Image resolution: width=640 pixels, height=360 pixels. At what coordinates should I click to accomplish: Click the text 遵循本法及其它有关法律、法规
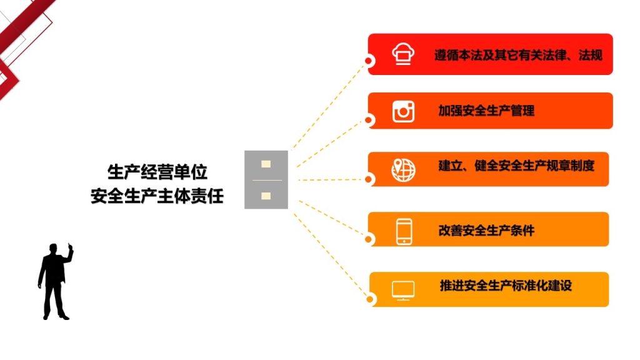coord(518,55)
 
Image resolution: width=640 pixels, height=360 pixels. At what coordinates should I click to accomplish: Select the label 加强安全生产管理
coord(486,110)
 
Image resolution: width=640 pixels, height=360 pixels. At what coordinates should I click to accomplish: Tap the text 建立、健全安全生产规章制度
coord(516,166)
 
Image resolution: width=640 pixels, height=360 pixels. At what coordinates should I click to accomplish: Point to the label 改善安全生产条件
coord(486,231)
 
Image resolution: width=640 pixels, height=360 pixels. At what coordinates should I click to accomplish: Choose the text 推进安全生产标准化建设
coord(506,286)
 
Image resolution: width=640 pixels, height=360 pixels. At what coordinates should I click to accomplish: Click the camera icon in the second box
coord(403,111)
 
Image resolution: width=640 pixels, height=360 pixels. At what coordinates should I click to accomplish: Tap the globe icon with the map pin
coord(403,169)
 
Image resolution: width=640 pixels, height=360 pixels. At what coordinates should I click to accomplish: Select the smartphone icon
coord(404,232)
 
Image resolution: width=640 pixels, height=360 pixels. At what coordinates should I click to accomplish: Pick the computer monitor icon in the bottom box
coord(403,291)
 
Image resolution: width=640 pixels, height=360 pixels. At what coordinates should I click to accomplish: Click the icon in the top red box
coord(403,54)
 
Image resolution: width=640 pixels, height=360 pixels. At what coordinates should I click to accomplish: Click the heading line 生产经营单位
coord(157,172)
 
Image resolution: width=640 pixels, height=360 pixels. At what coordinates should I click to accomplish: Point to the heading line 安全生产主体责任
coord(157,196)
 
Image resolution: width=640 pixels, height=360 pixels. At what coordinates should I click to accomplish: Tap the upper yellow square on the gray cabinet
coord(266,164)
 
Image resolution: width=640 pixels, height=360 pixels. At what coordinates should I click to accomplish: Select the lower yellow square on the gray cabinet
coord(266,196)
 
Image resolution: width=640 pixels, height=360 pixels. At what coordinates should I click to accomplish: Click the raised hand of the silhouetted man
coord(70,247)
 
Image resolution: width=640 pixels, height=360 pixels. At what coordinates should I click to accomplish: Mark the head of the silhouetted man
coord(53,249)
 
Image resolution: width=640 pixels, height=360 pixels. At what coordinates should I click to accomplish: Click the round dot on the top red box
coord(369,61)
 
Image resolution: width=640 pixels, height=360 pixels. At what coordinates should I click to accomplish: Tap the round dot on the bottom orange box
coord(370,299)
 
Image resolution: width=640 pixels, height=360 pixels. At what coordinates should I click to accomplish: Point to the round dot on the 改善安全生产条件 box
coord(369,239)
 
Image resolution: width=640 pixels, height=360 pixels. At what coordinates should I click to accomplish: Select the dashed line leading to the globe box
coord(331,179)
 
